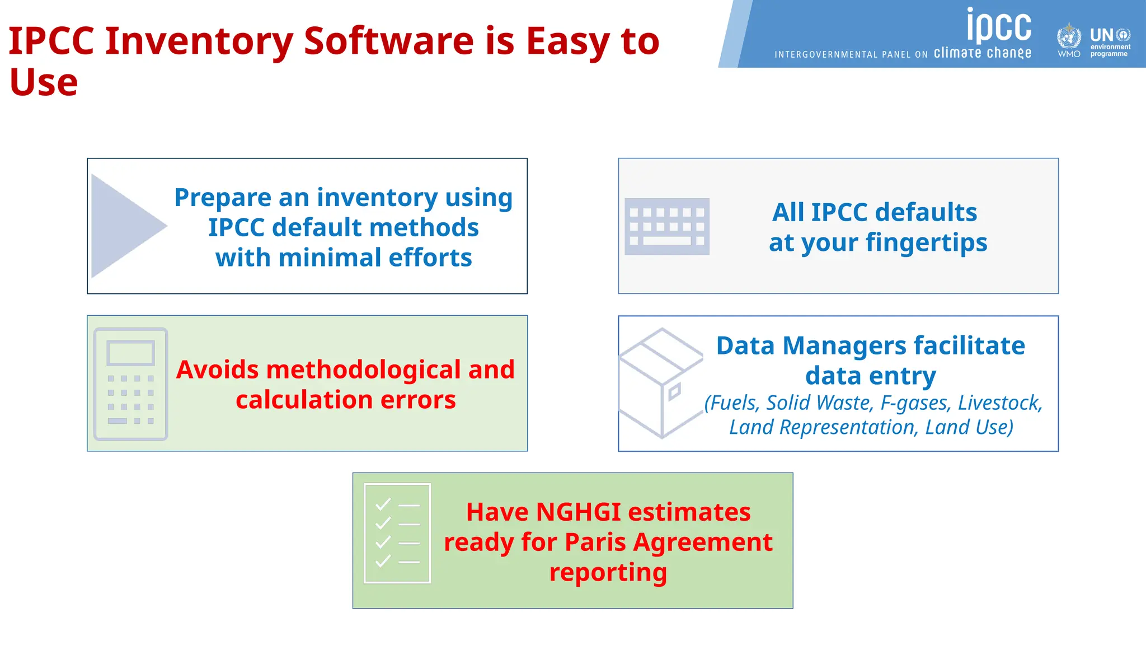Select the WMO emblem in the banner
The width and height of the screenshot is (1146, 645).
pyautogui.click(x=1069, y=38)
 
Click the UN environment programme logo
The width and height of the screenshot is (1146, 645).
pyautogui.click(x=1110, y=43)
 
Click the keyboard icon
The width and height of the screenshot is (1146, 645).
pyautogui.click(x=667, y=226)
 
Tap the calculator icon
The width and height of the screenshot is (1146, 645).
pyautogui.click(x=131, y=384)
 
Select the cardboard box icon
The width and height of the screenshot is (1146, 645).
pyautogui.click(x=661, y=383)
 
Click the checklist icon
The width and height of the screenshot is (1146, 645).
pyautogui.click(x=397, y=533)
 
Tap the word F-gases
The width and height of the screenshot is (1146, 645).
pyautogui.click(x=916, y=403)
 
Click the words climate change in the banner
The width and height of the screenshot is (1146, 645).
pyautogui.click(x=983, y=53)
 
